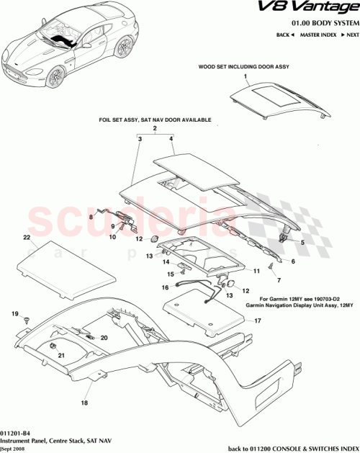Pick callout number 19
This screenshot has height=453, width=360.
pos(13,315)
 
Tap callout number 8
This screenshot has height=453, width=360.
pos(91,215)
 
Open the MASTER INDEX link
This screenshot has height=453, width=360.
pos(316,35)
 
